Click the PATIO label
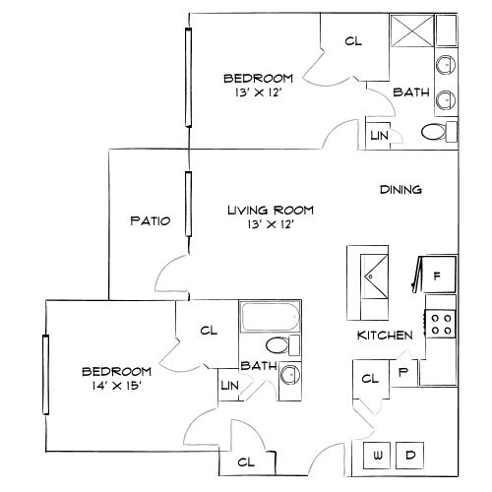click(x=151, y=221)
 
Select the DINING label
click(x=400, y=190)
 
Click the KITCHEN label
click(x=385, y=337)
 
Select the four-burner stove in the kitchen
click(x=442, y=324)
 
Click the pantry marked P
click(x=402, y=373)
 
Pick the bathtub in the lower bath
click(x=270, y=319)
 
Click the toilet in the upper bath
click(x=433, y=132)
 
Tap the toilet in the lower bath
click(x=278, y=344)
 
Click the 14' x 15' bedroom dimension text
click(x=116, y=385)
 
